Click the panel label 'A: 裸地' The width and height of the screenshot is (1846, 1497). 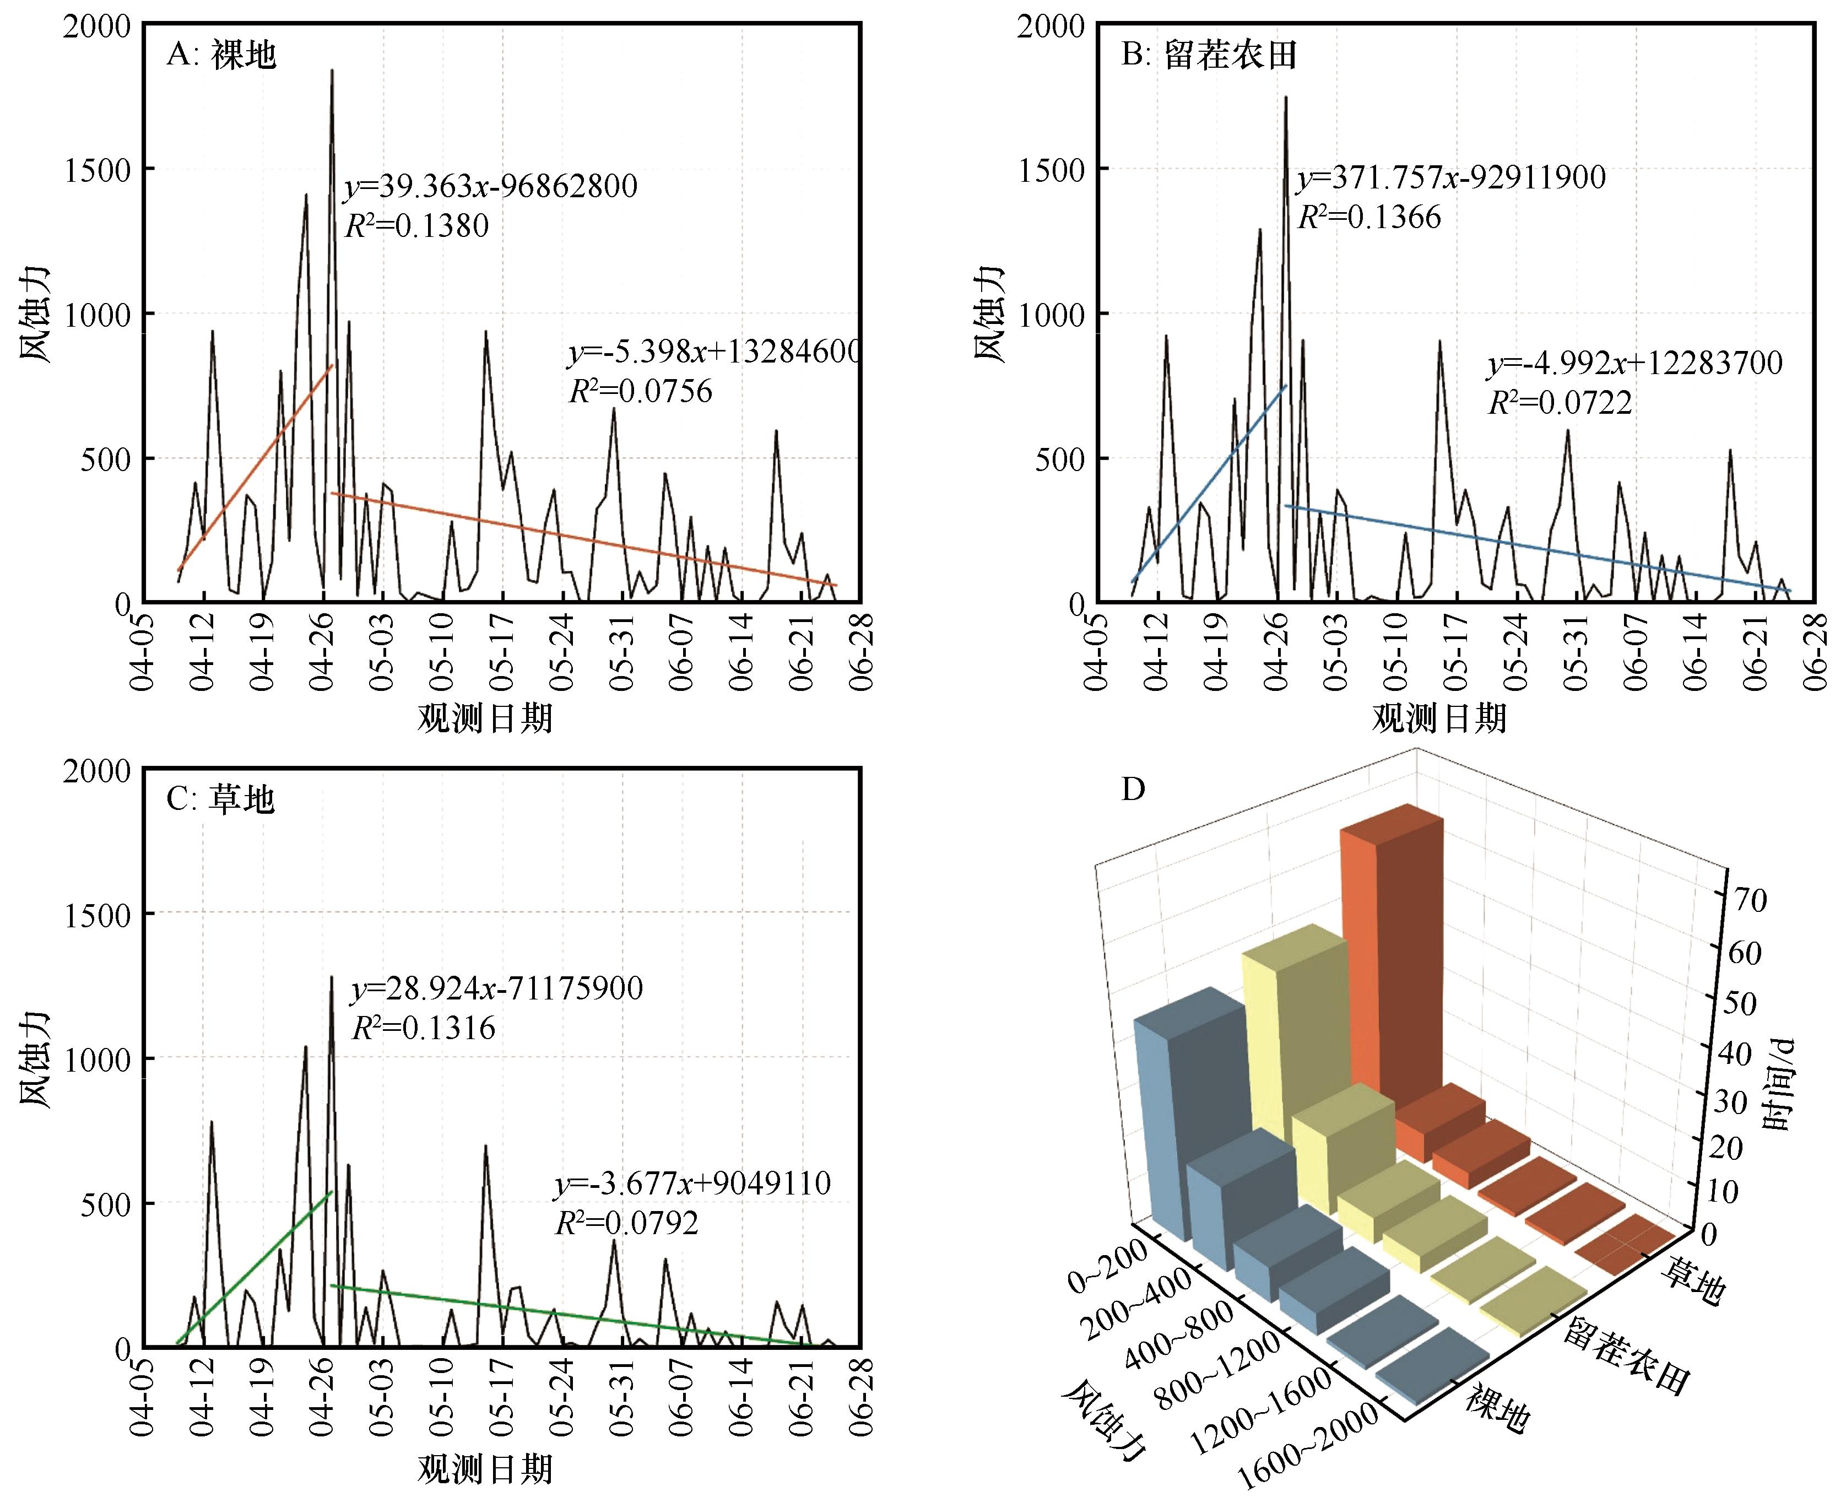[221, 55]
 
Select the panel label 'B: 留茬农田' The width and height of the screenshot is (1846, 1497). [1209, 55]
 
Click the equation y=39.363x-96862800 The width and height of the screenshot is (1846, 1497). [491, 186]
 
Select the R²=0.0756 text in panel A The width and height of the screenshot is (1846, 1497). [641, 392]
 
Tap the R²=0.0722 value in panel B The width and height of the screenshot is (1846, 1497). [1560, 403]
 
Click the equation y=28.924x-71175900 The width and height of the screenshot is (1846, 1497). [497, 988]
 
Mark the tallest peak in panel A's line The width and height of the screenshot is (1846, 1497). [332, 72]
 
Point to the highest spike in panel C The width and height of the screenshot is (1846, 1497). [332, 979]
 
